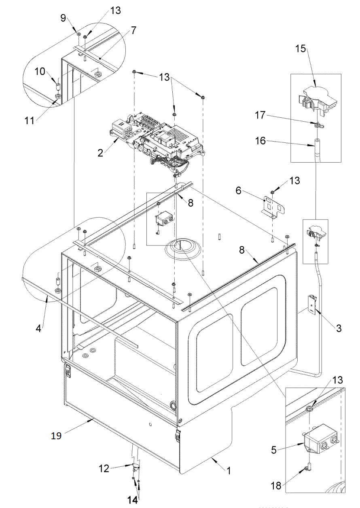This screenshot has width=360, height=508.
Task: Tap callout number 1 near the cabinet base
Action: tap(229, 471)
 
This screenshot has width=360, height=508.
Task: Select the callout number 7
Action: tap(133, 30)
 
